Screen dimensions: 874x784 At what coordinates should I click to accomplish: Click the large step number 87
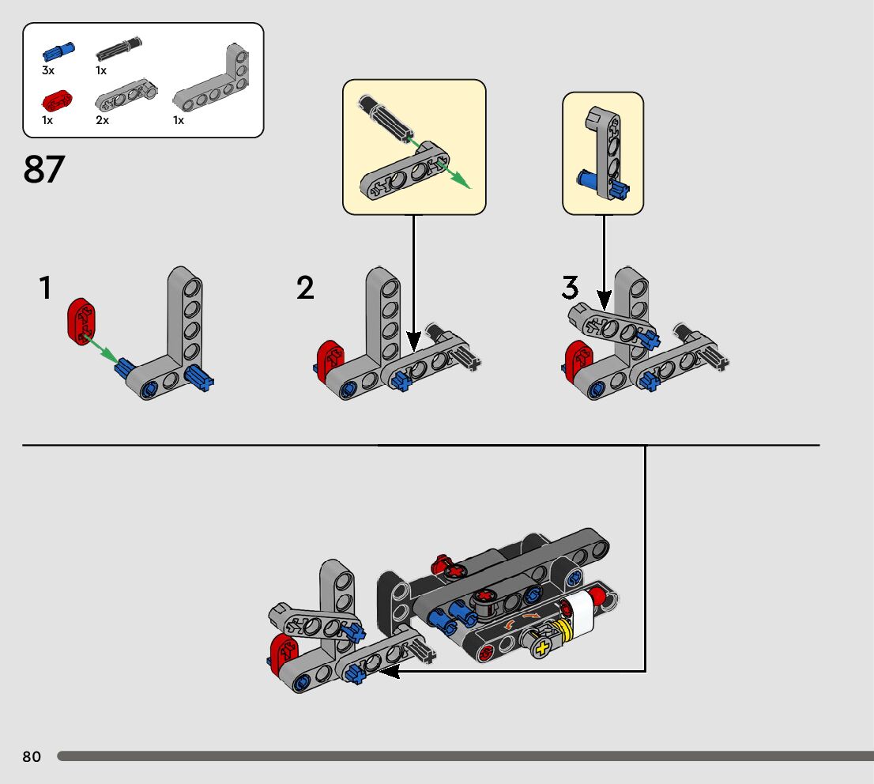click(44, 168)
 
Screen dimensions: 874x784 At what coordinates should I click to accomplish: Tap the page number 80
click(32, 756)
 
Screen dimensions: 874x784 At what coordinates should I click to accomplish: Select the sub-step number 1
click(46, 288)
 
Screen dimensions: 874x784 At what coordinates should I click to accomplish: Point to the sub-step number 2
click(305, 288)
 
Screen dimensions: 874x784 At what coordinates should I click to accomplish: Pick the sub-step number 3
click(570, 288)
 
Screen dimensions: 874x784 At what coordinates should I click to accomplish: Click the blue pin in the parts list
click(58, 52)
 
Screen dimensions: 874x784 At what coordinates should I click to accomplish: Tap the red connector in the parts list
click(56, 100)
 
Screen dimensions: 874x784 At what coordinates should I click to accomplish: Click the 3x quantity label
click(48, 70)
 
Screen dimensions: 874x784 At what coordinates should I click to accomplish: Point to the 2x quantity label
click(102, 120)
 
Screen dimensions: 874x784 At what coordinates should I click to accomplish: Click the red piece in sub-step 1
click(81, 321)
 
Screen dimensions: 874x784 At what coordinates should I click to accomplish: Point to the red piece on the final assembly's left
click(281, 653)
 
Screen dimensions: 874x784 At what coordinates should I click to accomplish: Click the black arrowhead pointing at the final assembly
click(390, 672)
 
